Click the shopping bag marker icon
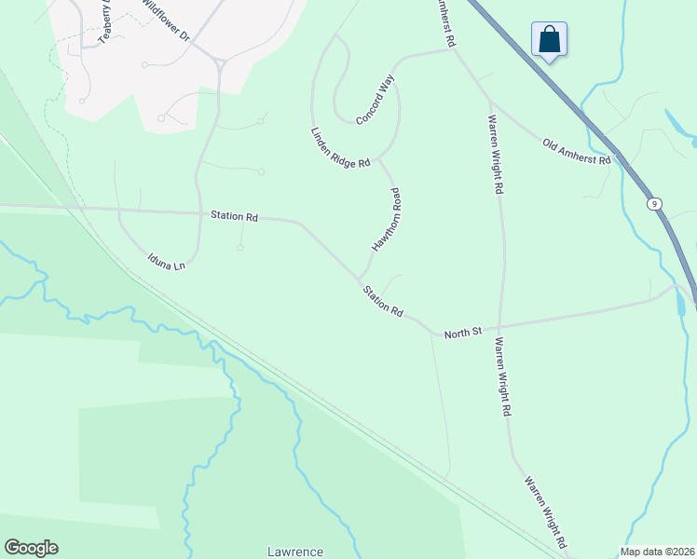click(549, 40)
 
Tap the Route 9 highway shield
click(655, 202)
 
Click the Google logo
click(31, 548)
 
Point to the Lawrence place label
click(295, 552)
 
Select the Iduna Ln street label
click(167, 260)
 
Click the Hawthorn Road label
click(386, 221)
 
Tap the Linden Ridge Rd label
click(340, 148)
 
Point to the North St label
click(461, 333)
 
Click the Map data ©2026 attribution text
click(658, 552)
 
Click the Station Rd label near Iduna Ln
click(234, 216)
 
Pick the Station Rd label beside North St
click(384, 300)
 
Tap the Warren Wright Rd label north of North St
click(497, 154)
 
